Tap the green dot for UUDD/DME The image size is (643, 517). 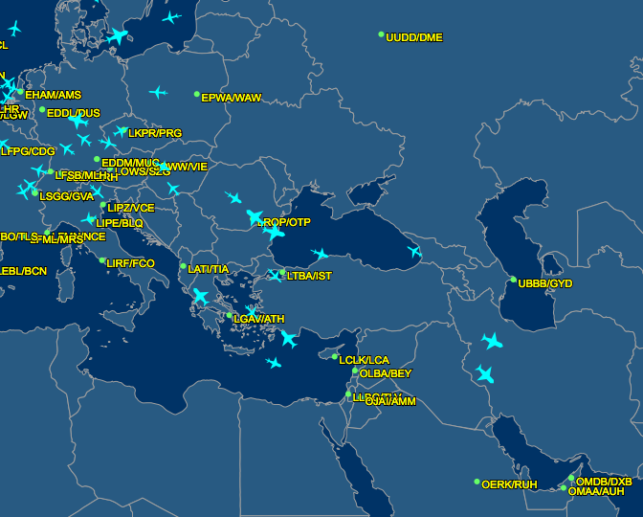(x=382, y=34)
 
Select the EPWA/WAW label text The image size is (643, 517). (x=231, y=99)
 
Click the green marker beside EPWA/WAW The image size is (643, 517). (x=197, y=95)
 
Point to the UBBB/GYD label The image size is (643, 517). (x=545, y=284)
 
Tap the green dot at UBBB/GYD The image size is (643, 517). (x=514, y=281)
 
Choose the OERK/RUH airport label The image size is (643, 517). (x=509, y=485)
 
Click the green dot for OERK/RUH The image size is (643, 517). (x=477, y=482)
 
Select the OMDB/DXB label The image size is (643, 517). (x=604, y=482)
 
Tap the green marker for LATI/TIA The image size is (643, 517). (x=184, y=266)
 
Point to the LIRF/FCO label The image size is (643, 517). (x=130, y=263)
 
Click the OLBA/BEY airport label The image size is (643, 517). (x=386, y=374)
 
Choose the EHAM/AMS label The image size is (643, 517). (x=53, y=96)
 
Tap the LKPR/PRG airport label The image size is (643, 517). (x=155, y=134)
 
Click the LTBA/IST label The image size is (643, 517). (x=309, y=277)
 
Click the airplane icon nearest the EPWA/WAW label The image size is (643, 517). (x=158, y=93)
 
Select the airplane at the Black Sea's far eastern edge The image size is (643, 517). (x=414, y=252)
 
